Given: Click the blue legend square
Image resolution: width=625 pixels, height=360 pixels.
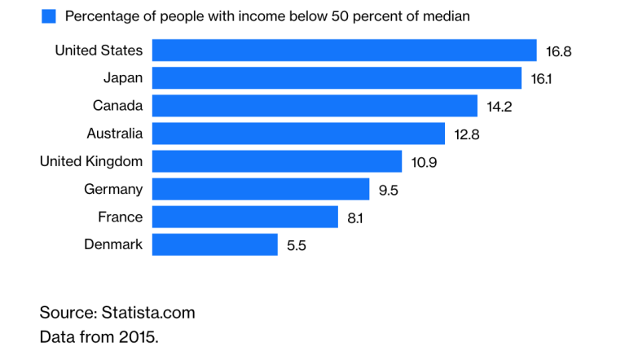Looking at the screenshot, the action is coord(49,16).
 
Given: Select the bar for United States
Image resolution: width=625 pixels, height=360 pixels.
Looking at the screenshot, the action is coord(345,50).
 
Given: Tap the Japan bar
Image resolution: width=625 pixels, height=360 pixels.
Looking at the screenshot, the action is coord(337,78).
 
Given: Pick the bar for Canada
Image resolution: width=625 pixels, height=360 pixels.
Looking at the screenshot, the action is coord(315,106).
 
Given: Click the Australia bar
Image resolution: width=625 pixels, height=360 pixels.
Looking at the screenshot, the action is coord(298,134).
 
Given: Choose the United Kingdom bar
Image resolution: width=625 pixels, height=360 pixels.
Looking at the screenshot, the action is coord(277,161).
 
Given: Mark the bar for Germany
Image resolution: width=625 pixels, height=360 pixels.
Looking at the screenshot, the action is coord(261,189).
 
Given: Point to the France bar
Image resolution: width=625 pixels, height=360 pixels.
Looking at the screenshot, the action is coord(245,217).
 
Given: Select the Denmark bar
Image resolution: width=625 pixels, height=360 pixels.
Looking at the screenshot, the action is coord(215,244).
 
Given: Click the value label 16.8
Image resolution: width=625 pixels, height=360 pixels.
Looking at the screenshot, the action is coord(558,51).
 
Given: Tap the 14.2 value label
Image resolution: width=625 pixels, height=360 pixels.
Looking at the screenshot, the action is coord(499,107).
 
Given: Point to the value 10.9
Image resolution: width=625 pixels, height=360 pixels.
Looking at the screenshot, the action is coord(424,162).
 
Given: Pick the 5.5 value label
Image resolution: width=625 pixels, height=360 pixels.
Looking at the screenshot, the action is coord(297,245).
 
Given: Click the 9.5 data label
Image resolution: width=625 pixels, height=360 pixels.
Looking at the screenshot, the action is coord(388,191).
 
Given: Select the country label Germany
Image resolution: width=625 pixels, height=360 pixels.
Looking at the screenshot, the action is coord(113,190).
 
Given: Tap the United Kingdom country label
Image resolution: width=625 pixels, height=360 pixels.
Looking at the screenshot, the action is coord(91,161).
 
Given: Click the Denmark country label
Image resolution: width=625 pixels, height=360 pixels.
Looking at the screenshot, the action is coord(113,244).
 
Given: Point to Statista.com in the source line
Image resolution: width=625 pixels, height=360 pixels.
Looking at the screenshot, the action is coord(148,313).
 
